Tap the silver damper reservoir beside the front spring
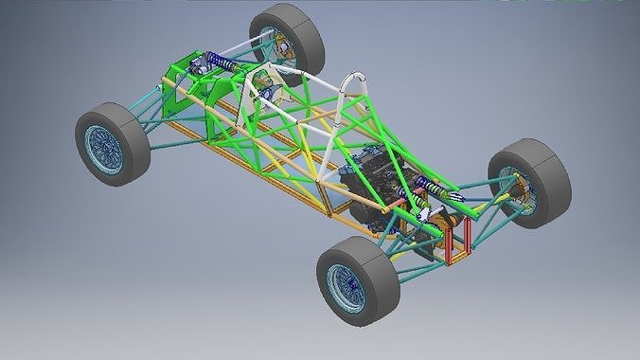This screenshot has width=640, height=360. point(200,67)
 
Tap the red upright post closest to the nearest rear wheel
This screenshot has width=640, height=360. point(443,244)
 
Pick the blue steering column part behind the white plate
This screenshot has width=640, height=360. point(268,92)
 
